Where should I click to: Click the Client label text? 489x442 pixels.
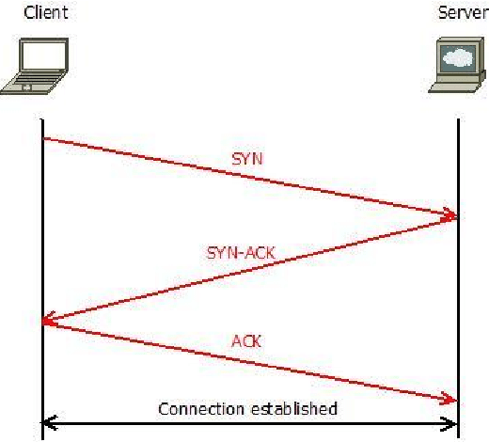click(x=46, y=12)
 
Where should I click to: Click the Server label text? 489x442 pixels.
click(x=464, y=13)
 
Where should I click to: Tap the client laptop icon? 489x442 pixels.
click(x=35, y=66)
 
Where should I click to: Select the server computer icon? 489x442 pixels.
click(x=457, y=65)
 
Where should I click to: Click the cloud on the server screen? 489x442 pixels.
click(x=458, y=57)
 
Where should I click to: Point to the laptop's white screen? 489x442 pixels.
click(x=44, y=55)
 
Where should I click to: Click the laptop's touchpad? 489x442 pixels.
click(x=26, y=87)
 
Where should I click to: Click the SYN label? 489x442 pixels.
click(x=247, y=159)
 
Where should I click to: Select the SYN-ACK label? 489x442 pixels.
click(x=241, y=253)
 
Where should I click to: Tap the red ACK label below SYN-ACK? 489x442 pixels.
click(x=246, y=341)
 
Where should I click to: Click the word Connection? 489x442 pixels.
click(x=201, y=409)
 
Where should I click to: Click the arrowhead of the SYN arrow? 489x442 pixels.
click(x=451, y=215)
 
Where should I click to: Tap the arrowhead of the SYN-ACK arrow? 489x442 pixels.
click(x=48, y=320)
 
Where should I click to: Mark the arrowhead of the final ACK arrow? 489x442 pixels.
click(x=450, y=399)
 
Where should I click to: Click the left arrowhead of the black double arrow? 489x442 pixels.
click(x=49, y=423)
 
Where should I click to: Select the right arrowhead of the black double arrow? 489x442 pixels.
click(x=450, y=424)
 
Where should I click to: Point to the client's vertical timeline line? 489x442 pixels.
click(x=42, y=279)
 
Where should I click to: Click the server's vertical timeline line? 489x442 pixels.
click(x=459, y=278)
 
